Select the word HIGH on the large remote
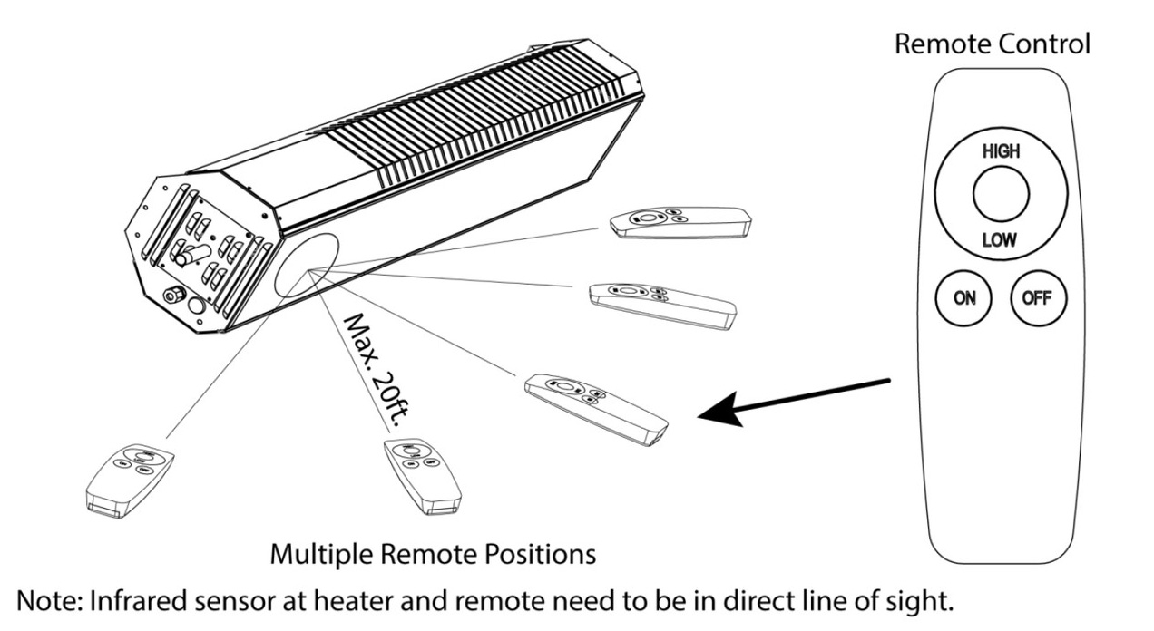(x=1000, y=152)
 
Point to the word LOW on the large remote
(x=1000, y=241)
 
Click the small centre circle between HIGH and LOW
(x=1000, y=196)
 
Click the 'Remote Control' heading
(x=992, y=44)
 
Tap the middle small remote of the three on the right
(x=660, y=302)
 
